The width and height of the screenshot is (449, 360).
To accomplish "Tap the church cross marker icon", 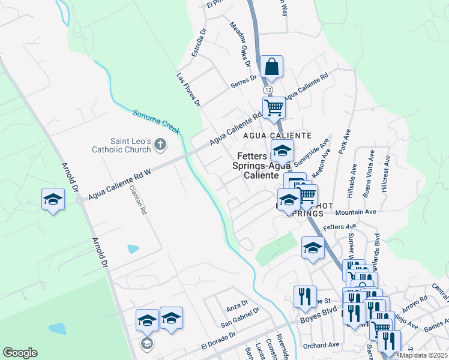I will point(160,144).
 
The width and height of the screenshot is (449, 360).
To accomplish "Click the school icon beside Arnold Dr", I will point(53,200).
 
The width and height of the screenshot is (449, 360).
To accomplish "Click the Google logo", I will point(20,353).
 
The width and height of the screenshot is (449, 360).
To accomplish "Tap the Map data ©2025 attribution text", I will point(423,355).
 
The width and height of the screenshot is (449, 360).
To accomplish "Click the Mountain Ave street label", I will point(355,212).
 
